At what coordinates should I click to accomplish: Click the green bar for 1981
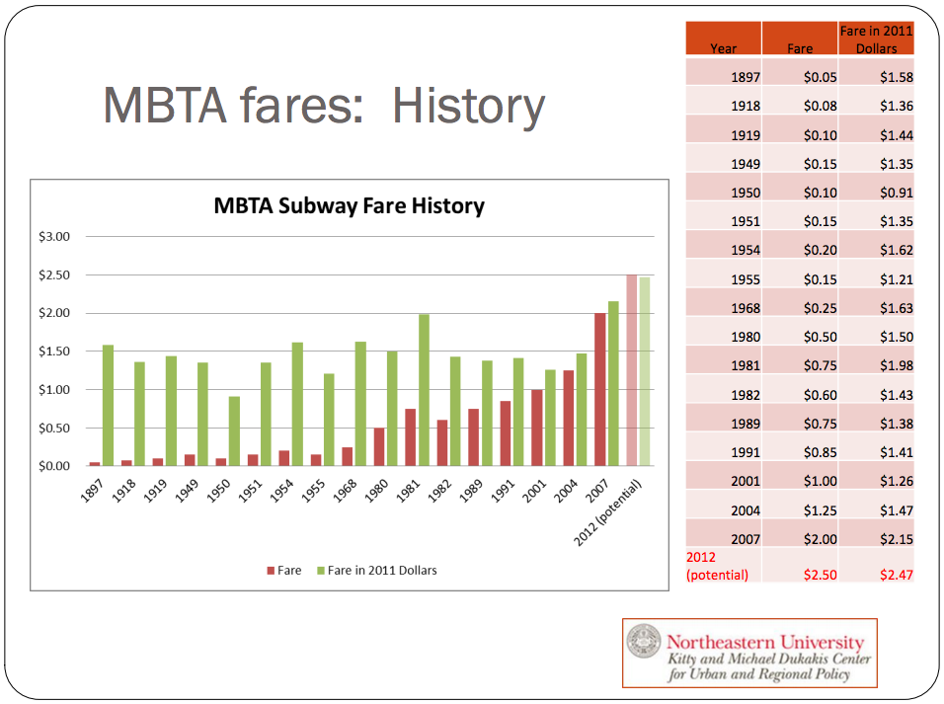(424, 390)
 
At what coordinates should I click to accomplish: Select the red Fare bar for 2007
(599, 389)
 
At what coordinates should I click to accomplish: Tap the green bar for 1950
(234, 430)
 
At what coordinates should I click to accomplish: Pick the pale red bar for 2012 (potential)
(632, 369)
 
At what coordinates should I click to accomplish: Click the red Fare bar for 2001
(536, 428)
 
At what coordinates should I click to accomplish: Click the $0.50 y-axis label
(54, 429)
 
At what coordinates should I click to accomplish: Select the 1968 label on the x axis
(345, 491)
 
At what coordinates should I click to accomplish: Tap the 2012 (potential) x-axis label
(608, 512)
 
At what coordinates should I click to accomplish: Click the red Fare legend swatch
(271, 571)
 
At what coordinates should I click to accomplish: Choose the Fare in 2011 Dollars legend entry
(377, 571)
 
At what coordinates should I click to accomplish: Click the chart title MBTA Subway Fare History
(350, 206)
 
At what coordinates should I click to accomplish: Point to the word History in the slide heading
(468, 106)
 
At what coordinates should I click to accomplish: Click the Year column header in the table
(723, 48)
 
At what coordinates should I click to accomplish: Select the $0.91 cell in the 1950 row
(897, 193)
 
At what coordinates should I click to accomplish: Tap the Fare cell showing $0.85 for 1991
(820, 452)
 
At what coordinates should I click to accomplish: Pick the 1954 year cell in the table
(746, 250)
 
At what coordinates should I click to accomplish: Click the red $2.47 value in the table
(897, 575)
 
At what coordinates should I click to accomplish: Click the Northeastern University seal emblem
(644, 641)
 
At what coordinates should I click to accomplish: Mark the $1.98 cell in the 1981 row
(897, 365)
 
